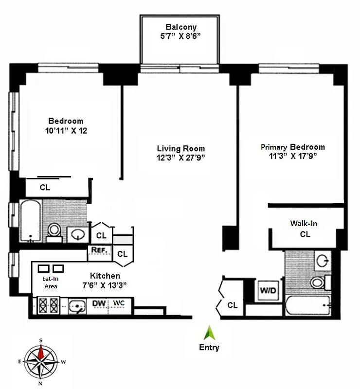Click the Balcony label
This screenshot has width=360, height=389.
tap(180, 27)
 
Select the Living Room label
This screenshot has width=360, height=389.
tap(180, 148)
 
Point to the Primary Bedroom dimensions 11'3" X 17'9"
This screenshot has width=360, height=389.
tap(293, 156)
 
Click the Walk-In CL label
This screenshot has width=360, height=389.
tap(304, 229)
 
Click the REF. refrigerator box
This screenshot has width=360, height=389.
tap(99, 251)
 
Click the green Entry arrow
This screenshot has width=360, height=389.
tap(209, 334)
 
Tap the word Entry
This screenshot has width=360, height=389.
tap(209, 347)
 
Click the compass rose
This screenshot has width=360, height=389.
tap(41, 361)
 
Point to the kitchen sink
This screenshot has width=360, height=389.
tap(75, 306)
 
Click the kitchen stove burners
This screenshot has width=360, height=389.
tap(47, 306)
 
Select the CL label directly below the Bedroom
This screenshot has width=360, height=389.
tap(44, 187)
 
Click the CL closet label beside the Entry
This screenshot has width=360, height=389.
tap(233, 305)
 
